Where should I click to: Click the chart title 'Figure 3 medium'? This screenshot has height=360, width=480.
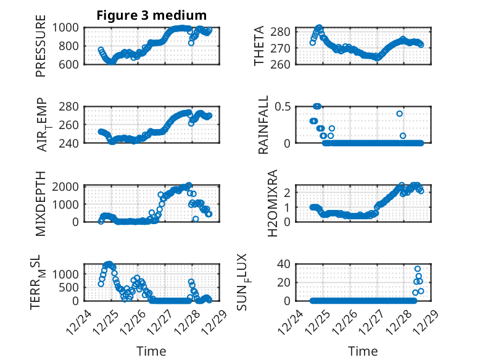(x=151, y=15)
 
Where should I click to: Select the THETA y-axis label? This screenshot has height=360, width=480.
(x=259, y=46)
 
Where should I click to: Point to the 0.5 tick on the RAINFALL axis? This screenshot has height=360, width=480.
(x=281, y=106)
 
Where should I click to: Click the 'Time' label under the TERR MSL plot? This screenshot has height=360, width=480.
(x=151, y=351)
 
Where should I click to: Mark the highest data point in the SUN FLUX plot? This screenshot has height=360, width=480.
(x=418, y=269)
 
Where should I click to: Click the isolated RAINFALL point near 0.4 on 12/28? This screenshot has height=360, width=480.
(x=399, y=114)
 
